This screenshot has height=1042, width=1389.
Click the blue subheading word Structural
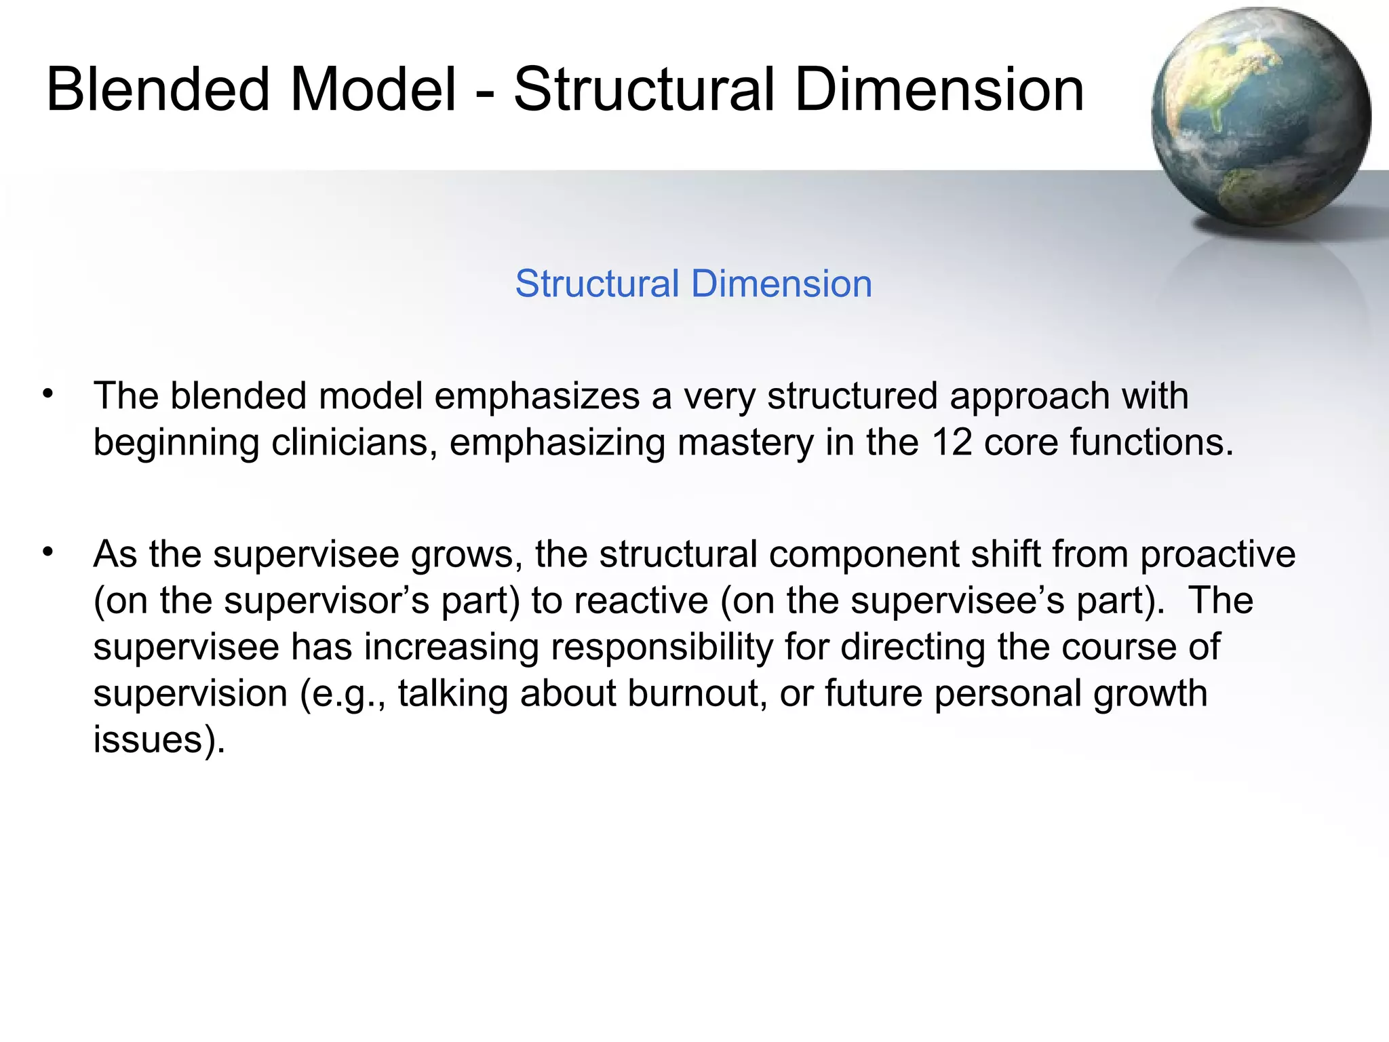click(x=597, y=284)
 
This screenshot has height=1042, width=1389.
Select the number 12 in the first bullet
click(x=952, y=442)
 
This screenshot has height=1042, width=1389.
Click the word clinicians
click(x=354, y=442)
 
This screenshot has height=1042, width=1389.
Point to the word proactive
click(x=1217, y=555)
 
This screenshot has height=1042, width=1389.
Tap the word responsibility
click(x=662, y=647)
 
